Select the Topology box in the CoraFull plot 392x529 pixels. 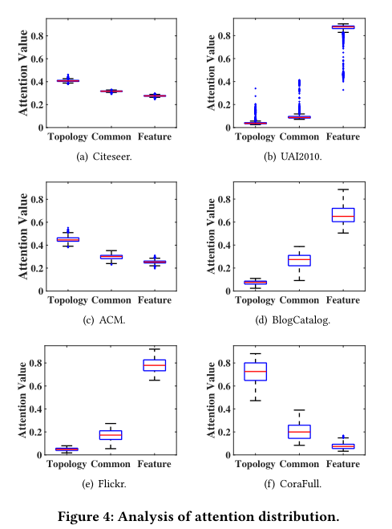point(255,371)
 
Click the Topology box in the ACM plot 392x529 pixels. point(68,239)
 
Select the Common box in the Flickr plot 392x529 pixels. point(111,434)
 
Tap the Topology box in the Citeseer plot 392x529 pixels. point(68,80)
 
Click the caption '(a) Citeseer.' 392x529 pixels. point(104,157)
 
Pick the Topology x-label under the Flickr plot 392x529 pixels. point(68,465)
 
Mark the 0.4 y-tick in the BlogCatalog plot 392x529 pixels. point(226,245)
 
